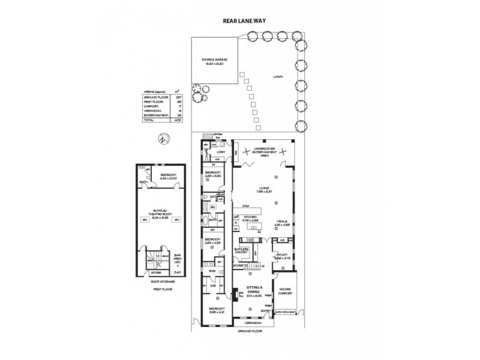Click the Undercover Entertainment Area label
point(265,150)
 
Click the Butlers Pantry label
point(242,251)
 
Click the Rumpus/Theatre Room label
point(160,212)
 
